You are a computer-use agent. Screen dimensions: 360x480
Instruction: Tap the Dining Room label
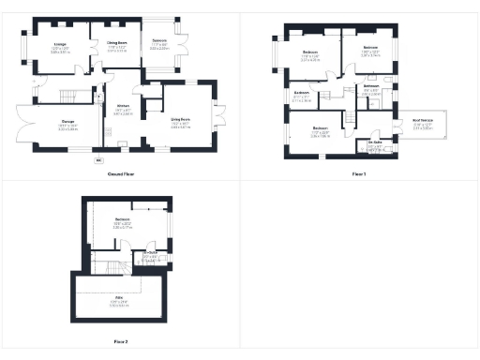117,43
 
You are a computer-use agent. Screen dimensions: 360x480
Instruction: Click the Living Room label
180,118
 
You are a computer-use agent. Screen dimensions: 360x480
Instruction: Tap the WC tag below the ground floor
98,159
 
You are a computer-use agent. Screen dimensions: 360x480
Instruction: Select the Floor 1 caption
358,174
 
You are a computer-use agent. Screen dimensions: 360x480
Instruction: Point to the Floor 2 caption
121,341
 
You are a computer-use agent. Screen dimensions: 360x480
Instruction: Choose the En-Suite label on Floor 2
149,253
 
